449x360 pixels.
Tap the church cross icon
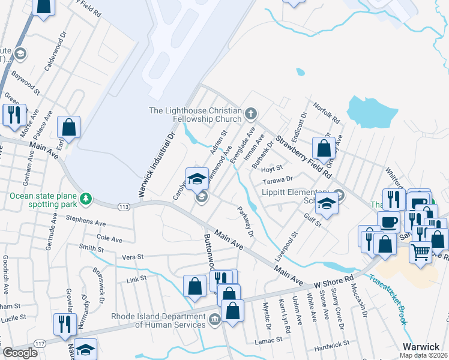point(251,112)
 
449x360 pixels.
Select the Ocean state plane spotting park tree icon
point(86,197)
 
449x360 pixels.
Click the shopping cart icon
point(421,251)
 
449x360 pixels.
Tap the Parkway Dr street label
point(246,221)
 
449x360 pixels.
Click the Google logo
point(20,353)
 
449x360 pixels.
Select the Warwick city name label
point(421,347)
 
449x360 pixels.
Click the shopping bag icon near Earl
point(69,127)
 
